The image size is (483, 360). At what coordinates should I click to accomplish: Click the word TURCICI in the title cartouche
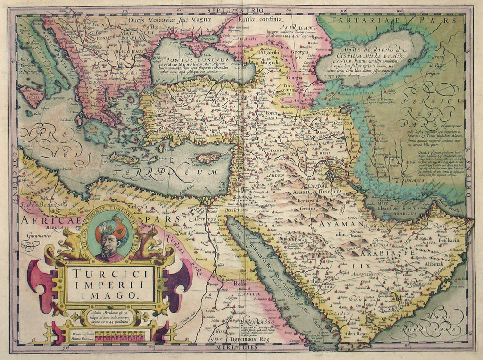(110, 273)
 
